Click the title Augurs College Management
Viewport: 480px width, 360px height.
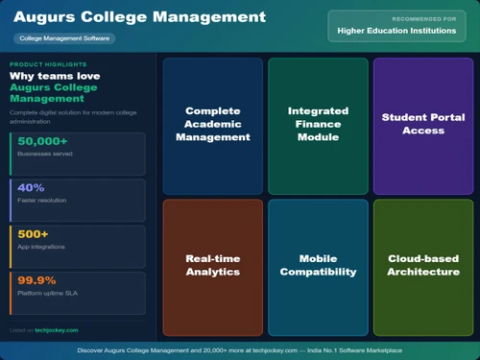click(139, 17)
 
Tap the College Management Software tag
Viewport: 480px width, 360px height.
click(65, 38)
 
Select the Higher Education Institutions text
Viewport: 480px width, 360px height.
click(396, 31)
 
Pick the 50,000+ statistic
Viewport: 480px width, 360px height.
click(44, 141)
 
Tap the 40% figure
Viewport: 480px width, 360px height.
click(31, 187)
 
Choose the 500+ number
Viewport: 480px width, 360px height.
click(33, 233)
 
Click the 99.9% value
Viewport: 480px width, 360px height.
click(36, 279)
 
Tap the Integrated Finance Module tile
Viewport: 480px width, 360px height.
click(318, 124)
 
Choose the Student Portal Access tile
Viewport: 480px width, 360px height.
click(421, 124)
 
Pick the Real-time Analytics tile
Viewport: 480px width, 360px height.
click(212, 265)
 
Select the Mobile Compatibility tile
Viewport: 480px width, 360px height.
click(318, 265)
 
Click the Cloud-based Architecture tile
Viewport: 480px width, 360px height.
click(423, 265)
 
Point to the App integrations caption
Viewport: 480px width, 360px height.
click(39, 248)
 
